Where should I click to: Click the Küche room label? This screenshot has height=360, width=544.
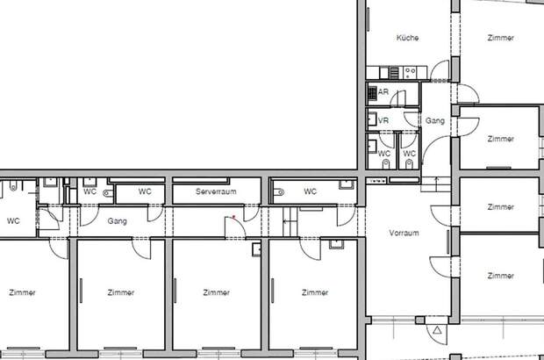point(407,38)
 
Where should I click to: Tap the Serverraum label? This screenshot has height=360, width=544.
point(216,191)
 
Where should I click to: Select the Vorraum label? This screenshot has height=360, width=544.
point(404,233)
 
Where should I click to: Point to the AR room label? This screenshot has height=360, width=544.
point(383,92)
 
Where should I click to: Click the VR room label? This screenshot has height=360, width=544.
point(383,120)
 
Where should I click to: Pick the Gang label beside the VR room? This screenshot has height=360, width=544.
point(435,121)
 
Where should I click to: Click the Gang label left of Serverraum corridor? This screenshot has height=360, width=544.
point(118,221)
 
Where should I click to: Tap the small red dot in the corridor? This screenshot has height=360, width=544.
point(234,217)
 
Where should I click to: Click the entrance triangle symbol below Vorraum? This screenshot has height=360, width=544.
point(437,330)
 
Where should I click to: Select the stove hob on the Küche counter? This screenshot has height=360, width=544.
point(411,73)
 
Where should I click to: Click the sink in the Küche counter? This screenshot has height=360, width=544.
point(384,73)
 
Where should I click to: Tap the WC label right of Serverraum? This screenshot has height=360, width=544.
point(310,191)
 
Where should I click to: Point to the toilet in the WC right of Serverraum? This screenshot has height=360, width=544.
point(279,191)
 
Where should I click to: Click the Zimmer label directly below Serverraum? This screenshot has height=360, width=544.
point(216,292)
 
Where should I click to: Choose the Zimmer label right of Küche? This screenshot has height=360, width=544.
point(501,38)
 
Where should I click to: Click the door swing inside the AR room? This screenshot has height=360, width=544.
point(398,98)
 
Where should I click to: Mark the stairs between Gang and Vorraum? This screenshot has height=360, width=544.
point(436,184)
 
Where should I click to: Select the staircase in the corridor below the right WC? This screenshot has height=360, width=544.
point(290,222)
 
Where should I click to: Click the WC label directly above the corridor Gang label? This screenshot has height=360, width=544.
point(145,191)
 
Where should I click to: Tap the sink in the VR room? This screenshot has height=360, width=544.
point(372,119)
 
